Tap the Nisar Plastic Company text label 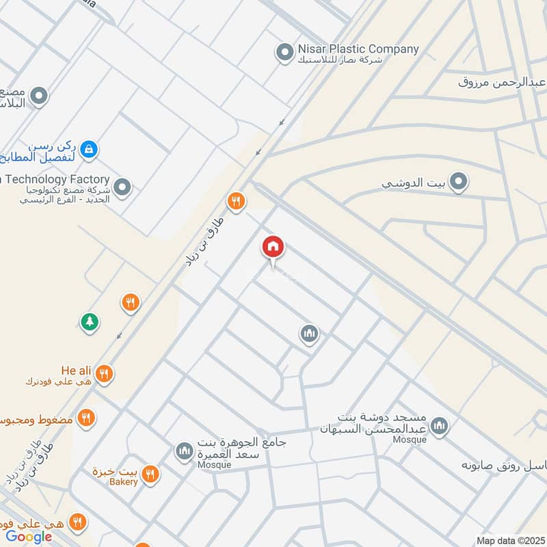(357, 49)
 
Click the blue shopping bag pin (88, 148)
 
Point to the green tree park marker (89, 321)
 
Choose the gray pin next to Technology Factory (122, 187)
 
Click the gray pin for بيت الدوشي (459, 182)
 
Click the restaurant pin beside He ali (105, 373)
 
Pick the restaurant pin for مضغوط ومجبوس (86, 417)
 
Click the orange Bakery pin (150, 473)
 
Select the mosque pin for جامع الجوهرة (183, 451)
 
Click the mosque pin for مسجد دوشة (440, 426)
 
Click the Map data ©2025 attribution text (509, 540)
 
